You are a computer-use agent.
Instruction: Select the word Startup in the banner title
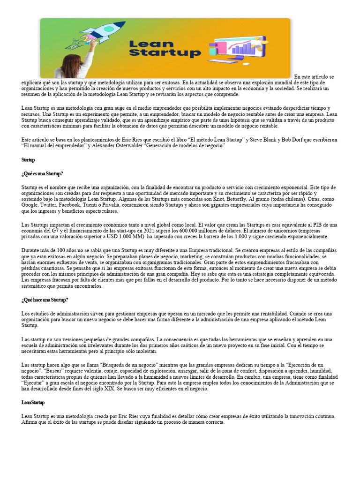tap(165, 53)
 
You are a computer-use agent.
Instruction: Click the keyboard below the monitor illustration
tap(223, 61)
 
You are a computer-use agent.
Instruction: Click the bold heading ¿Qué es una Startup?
tap(42, 173)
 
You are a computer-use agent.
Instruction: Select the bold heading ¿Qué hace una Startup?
tap(45, 300)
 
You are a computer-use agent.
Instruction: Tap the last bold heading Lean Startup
tap(33, 402)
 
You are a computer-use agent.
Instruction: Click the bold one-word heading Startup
tap(28, 160)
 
